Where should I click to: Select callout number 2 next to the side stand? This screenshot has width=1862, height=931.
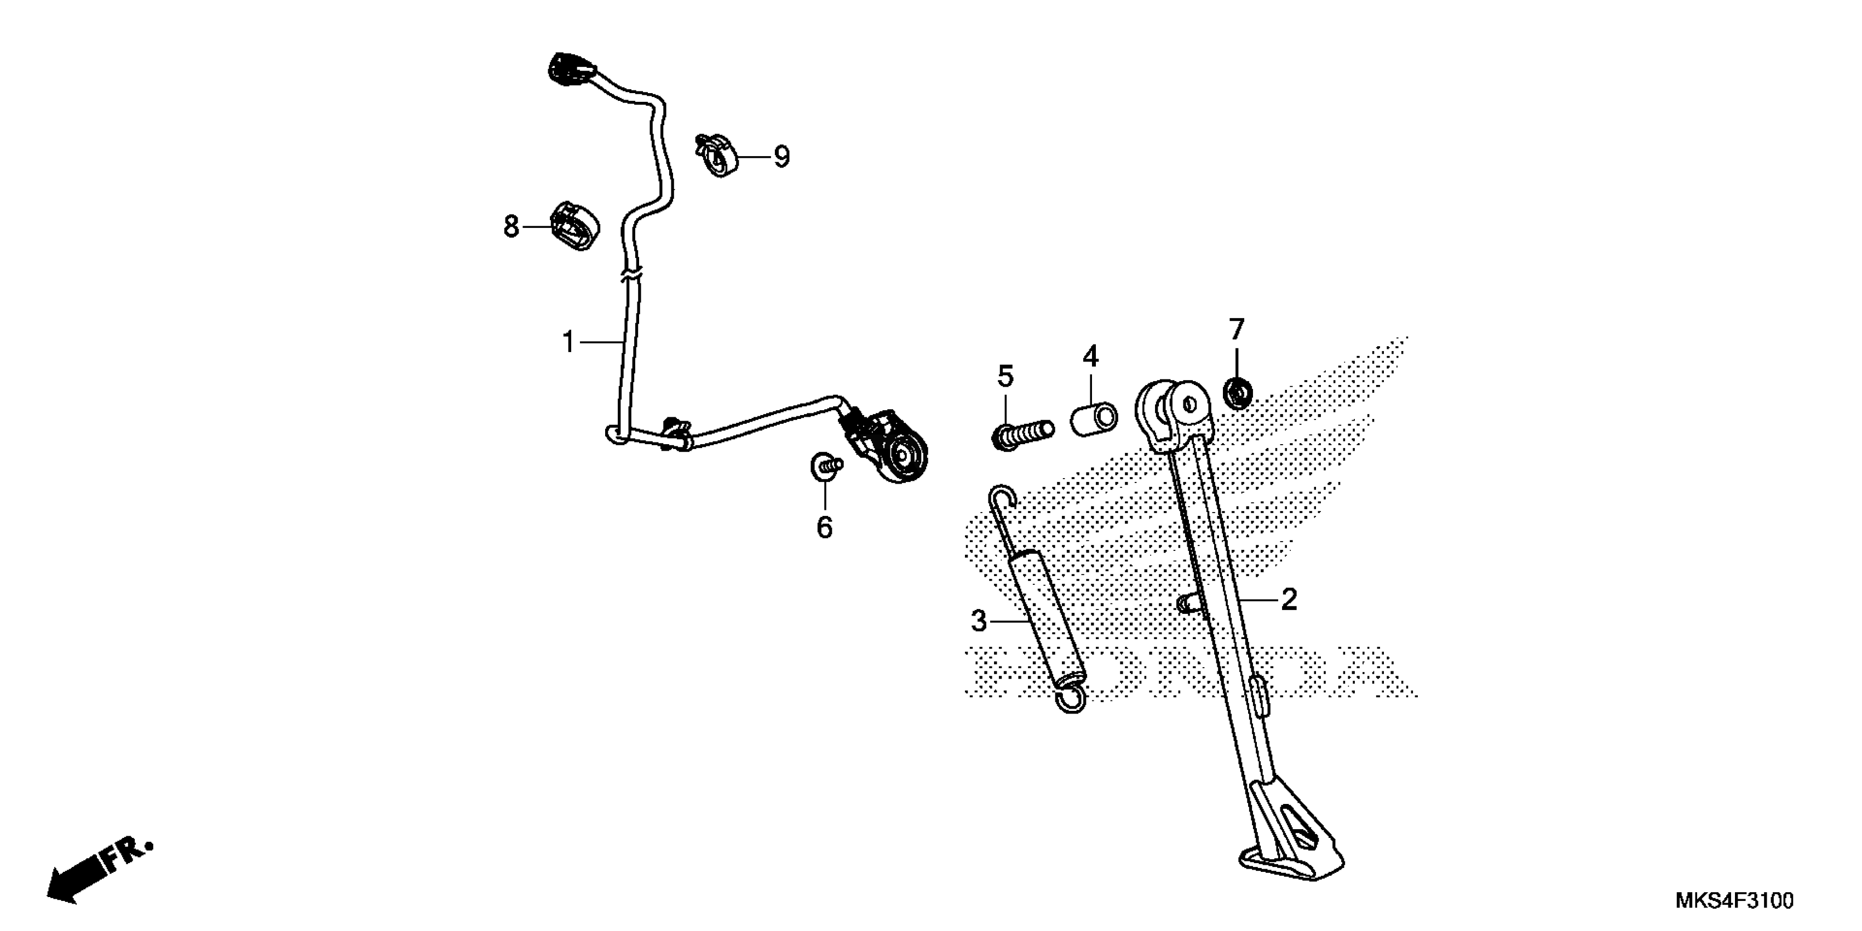(1289, 599)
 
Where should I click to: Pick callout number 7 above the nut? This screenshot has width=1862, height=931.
(1237, 330)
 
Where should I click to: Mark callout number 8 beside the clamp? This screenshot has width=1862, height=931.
(511, 227)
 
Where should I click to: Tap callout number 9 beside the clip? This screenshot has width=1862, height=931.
(781, 157)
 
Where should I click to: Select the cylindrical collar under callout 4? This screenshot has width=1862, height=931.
(1094, 420)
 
